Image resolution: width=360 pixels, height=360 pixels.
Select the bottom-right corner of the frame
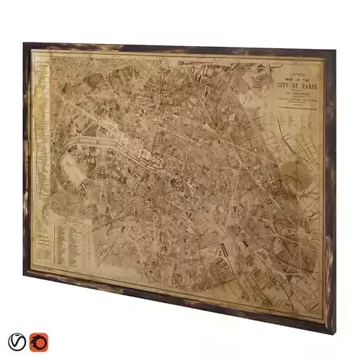point(325,330)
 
